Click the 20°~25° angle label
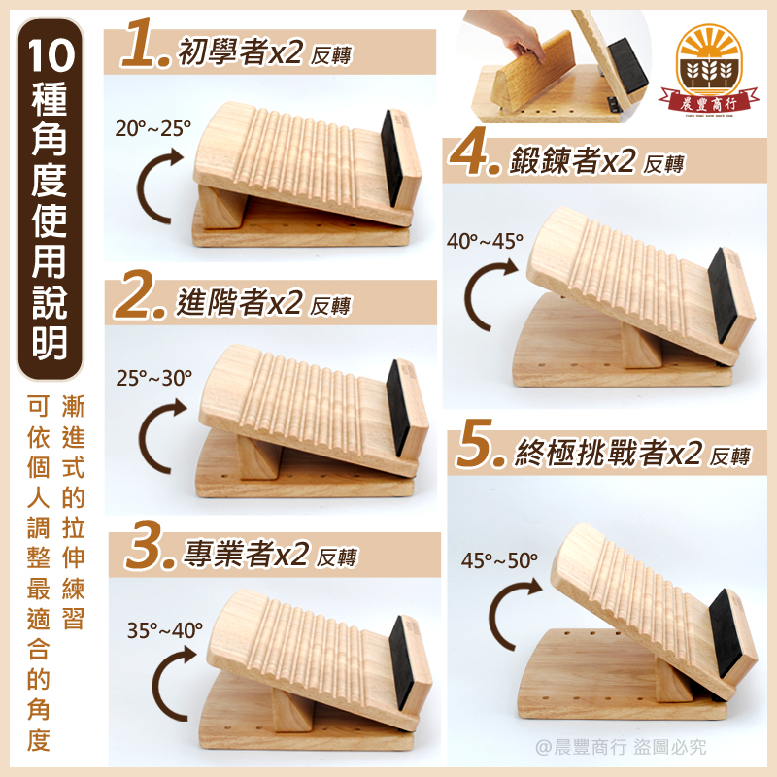153,129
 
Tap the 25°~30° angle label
154,378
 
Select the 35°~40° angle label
165,630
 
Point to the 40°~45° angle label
485,241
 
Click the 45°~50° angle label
499,560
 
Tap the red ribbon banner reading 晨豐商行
709,102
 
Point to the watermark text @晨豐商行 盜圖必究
621,747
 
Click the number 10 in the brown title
51,55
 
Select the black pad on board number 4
725,295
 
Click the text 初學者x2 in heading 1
240,51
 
